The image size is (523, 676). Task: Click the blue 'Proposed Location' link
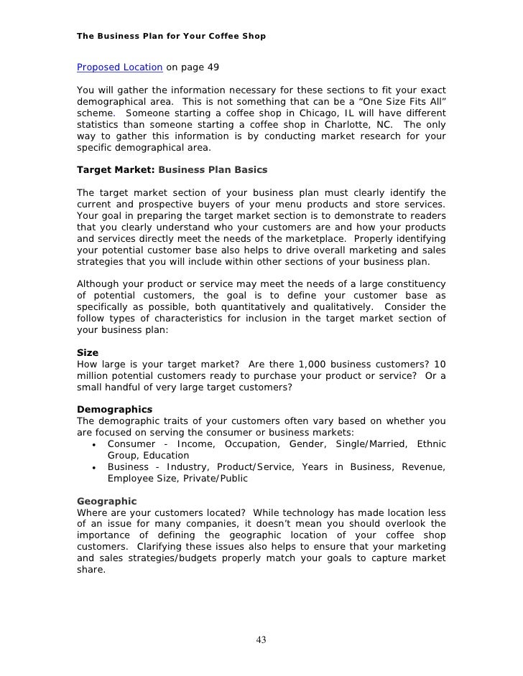coord(119,67)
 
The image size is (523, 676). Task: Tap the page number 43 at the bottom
coord(261,640)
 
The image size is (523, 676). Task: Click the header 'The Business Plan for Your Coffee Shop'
coord(171,35)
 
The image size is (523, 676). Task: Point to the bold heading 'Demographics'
coord(114,409)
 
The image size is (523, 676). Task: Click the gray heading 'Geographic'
coord(106,500)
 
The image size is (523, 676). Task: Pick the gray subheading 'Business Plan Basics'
coord(213,170)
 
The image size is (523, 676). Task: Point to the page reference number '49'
coord(213,67)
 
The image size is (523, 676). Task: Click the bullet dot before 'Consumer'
coord(95,445)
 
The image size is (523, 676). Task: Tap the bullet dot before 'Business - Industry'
coord(95,468)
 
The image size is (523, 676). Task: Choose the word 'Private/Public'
coord(216,479)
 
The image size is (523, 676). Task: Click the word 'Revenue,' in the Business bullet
coord(423,467)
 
